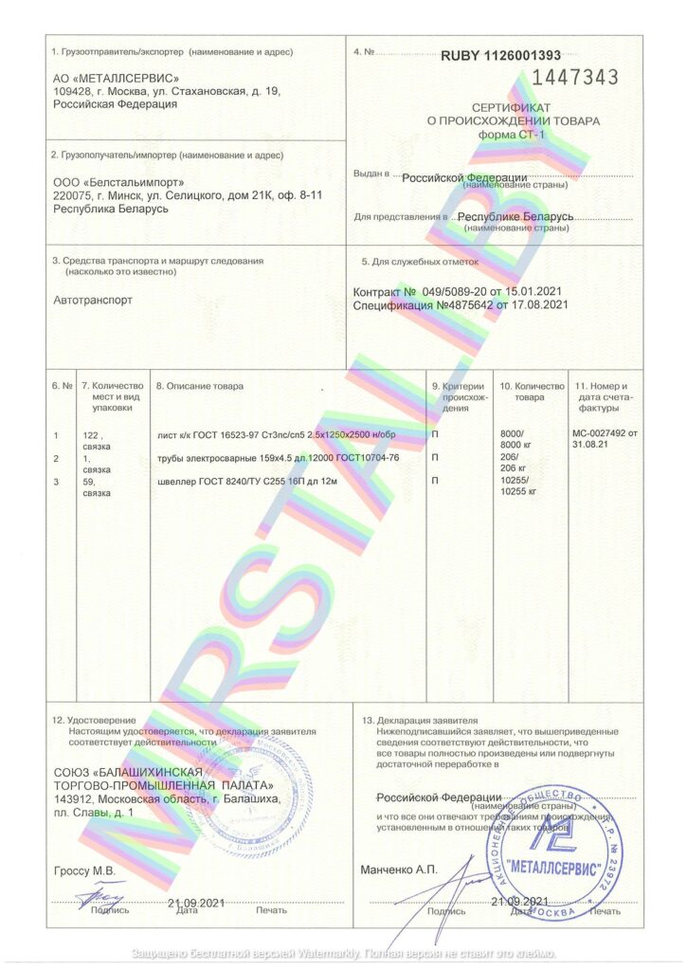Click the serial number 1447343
coord(577,77)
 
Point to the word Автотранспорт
coord(94,300)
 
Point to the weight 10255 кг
coord(518,491)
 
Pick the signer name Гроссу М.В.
coord(84,869)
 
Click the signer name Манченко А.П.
coord(399,869)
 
